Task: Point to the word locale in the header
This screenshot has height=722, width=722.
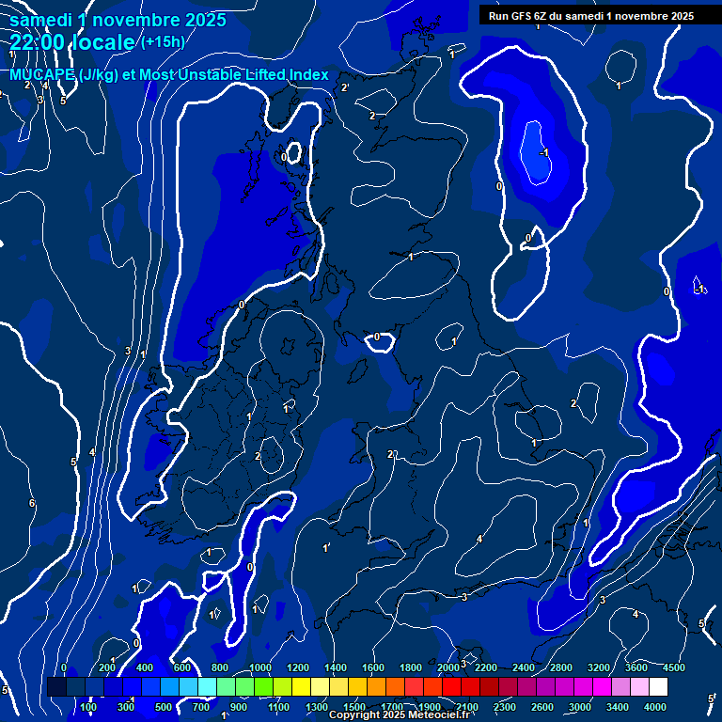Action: [107, 42]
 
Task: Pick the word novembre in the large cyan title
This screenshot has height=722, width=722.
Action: [138, 19]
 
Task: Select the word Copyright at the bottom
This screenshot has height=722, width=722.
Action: [353, 715]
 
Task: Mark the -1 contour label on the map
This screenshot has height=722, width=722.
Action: [544, 153]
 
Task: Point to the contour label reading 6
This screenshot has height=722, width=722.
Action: [31, 504]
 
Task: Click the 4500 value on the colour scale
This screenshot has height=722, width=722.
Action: [674, 667]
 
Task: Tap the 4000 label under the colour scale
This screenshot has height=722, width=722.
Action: [655, 707]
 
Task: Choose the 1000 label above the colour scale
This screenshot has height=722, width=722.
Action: [259, 667]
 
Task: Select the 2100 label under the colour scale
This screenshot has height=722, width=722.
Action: [466, 707]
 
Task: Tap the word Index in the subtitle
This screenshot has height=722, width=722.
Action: [309, 75]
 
